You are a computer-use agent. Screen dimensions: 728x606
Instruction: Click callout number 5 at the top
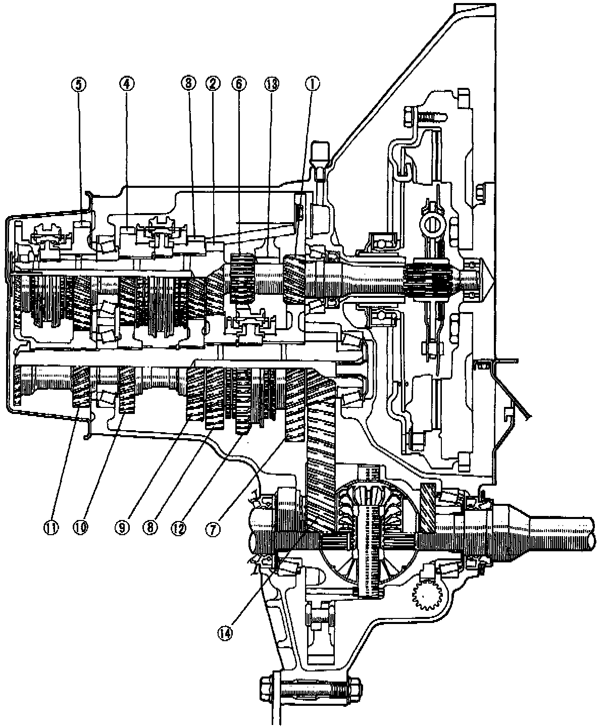pos(79,84)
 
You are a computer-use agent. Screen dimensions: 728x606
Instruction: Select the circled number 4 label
pos(126,84)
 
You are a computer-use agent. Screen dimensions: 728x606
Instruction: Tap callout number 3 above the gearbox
pos(188,84)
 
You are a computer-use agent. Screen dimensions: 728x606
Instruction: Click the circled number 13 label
pos(273,84)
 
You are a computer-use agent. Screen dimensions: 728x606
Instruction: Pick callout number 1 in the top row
pos(312,84)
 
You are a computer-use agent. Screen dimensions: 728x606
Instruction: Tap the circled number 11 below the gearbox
pos(52,527)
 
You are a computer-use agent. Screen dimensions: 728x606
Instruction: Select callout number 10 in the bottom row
pos(81,527)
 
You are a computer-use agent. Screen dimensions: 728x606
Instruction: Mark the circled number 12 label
pos(180,527)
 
